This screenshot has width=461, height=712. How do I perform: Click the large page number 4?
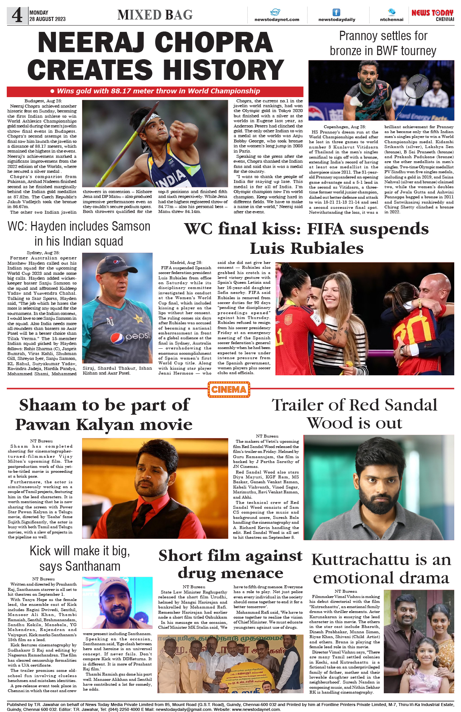[x=17, y=16]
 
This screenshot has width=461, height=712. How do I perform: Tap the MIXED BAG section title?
[x=155, y=15]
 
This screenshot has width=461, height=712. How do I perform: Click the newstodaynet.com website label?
[x=277, y=19]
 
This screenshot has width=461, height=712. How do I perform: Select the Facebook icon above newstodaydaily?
[x=337, y=12]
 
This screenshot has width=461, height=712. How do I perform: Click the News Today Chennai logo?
[x=433, y=15]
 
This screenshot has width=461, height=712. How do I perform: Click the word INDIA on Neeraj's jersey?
[x=171, y=179]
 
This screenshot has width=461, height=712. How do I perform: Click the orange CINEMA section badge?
[x=229, y=390]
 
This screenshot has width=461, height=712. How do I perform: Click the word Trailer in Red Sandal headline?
[x=296, y=405]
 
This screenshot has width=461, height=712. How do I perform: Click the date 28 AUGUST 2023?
[x=48, y=19]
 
